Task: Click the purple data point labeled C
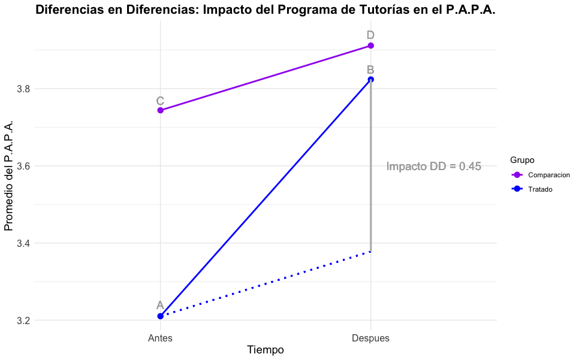pos(160,110)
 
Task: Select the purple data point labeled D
pos(371,46)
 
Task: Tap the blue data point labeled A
pos(160,316)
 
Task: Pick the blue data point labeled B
pos(371,80)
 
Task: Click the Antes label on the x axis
pos(160,338)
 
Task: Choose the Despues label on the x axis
pos(370,338)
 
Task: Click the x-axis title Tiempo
pos(266,350)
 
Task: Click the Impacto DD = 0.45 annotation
pos(433,167)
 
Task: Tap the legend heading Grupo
pos(522,160)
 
